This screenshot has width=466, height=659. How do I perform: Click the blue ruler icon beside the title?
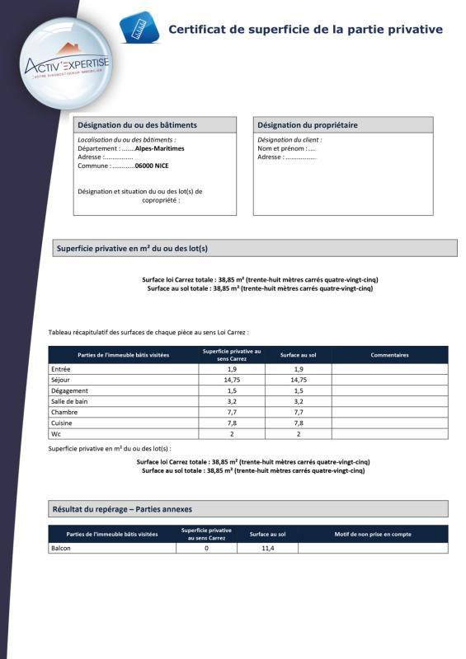click(x=138, y=27)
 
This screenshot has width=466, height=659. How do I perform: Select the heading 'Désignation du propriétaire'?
click(x=308, y=125)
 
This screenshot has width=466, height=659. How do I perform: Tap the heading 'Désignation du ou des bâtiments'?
click(x=137, y=125)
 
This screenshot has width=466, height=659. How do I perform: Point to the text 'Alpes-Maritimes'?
click(x=159, y=149)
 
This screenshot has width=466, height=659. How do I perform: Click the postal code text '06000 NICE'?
click(x=152, y=166)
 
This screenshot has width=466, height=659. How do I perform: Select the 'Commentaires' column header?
click(x=389, y=355)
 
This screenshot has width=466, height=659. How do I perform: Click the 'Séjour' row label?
click(x=61, y=380)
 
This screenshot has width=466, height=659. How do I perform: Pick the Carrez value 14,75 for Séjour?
click(x=232, y=380)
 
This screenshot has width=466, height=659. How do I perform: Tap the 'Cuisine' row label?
click(x=63, y=423)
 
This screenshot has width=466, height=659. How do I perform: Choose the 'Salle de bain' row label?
click(x=68, y=401)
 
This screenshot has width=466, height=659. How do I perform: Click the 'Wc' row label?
click(x=56, y=433)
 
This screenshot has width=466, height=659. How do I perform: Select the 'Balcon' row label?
click(x=61, y=548)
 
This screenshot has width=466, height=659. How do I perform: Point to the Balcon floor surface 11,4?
click(x=267, y=548)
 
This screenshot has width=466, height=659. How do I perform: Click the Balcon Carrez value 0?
click(x=206, y=548)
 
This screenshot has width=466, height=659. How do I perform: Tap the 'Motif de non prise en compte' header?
click(x=372, y=534)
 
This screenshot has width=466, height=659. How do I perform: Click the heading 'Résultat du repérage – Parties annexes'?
click(x=122, y=509)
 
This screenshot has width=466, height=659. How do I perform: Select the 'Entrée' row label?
click(x=61, y=369)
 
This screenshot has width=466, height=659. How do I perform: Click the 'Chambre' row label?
click(x=64, y=412)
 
